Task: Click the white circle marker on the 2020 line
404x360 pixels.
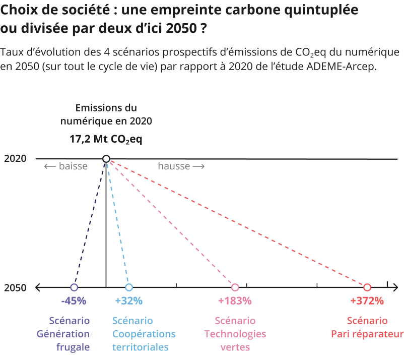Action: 106,159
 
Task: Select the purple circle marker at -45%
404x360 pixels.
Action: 74,287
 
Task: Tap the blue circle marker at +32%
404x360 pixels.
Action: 129,287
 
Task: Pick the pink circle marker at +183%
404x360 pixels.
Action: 235,287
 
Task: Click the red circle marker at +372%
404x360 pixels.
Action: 367,287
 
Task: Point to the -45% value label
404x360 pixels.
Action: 74,301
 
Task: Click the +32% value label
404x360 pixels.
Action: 129,301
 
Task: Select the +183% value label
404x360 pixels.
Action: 235,301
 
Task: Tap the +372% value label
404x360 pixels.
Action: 367,301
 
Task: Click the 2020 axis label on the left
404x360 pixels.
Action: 15,159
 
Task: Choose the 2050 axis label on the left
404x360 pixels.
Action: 15,288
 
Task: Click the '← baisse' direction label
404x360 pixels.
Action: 65,166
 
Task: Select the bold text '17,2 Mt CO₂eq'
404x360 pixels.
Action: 106,139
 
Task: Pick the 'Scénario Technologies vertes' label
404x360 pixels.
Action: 235,334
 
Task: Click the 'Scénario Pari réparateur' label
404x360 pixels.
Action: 367,327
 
